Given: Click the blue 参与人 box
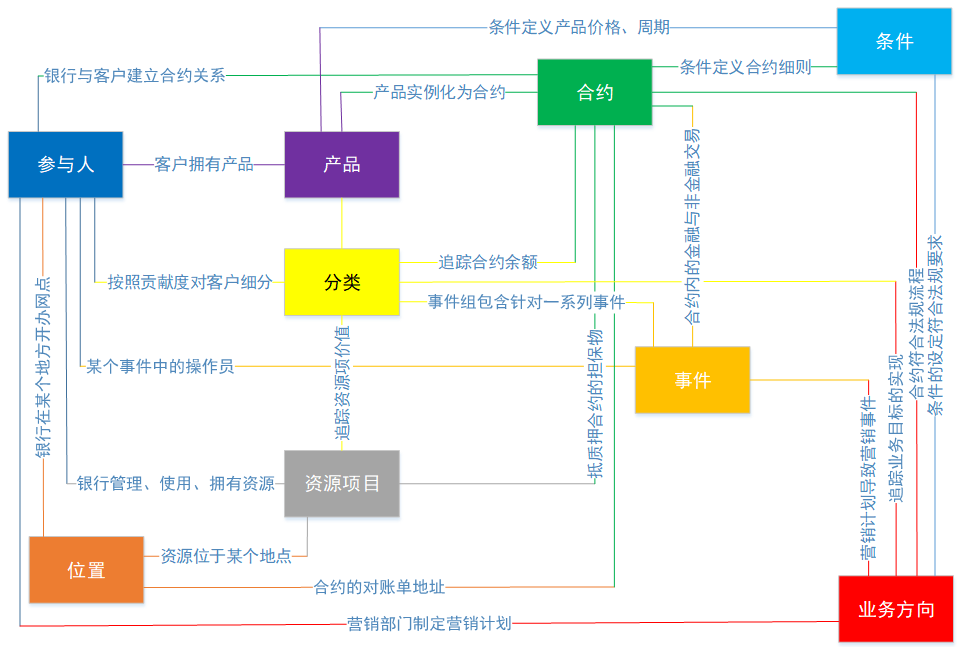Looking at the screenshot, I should (66, 164).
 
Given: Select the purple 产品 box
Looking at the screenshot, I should (342, 164).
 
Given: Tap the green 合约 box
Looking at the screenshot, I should (595, 92).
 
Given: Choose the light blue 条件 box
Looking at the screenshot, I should (894, 41).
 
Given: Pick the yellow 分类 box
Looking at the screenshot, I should (342, 282).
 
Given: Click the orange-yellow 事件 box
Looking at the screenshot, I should (692, 380).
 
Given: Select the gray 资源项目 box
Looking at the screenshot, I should (342, 483).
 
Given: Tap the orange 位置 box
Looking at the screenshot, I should (86, 570).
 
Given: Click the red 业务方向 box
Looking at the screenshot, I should (896, 609).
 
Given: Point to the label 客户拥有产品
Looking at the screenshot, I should (204, 164).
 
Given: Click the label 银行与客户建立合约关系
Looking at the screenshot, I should (135, 75).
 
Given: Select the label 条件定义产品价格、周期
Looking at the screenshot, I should (579, 27).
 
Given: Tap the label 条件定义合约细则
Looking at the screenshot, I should (745, 67).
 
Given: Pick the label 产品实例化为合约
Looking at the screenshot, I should (440, 92).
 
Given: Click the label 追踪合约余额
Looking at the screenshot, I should (488, 262).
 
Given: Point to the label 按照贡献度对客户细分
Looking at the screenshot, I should (190, 282).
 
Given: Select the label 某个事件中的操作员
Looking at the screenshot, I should (160, 366).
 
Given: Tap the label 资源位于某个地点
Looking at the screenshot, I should (226, 555).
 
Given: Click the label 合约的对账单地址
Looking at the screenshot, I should (380, 587).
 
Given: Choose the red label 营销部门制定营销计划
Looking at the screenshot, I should (429, 623).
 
